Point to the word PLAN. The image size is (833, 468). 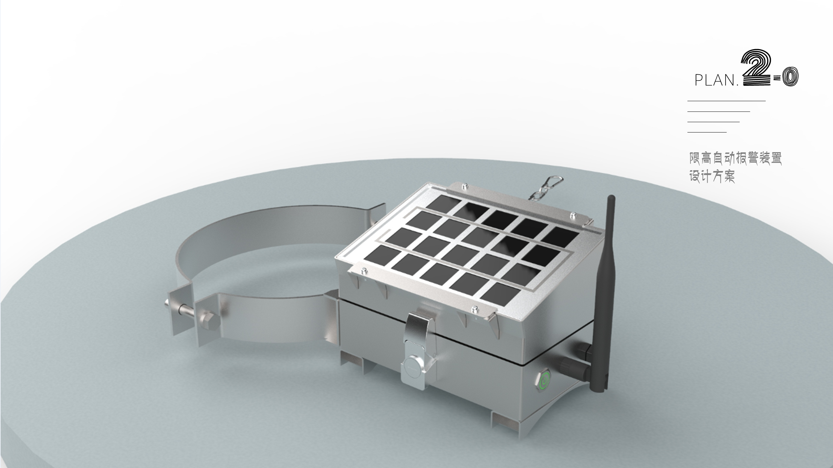click(x=716, y=81)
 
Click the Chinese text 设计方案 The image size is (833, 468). click(x=712, y=176)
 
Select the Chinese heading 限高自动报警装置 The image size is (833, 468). click(x=735, y=158)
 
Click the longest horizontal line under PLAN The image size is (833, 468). click(x=726, y=101)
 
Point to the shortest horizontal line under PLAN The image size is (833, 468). click(x=707, y=132)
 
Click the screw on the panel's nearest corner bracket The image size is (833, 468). click(x=475, y=309)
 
